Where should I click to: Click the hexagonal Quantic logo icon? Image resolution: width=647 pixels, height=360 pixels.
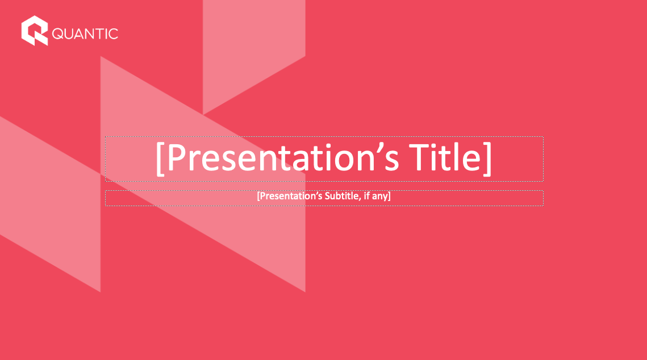coord(35,31)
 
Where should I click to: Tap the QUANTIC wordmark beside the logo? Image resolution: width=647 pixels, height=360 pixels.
coord(85,34)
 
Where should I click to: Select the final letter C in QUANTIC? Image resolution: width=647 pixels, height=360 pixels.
coord(113,34)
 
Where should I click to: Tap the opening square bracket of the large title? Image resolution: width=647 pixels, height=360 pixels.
coord(161,159)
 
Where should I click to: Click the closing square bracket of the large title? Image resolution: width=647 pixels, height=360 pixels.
coord(487,159)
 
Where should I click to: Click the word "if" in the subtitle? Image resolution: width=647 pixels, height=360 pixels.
coord(366,196)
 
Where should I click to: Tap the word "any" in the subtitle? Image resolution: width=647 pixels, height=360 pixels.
coord(379,196)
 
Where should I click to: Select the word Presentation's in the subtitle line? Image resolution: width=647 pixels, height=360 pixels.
coord(291,196)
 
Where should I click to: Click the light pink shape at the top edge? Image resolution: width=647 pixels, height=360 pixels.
coord(254,49)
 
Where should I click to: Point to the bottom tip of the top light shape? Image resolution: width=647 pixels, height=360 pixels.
coord(203,114)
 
